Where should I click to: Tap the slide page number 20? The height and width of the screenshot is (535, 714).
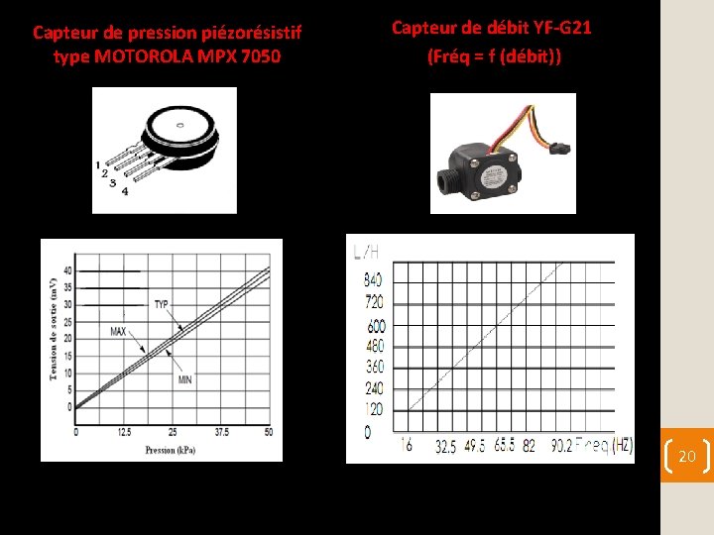686,456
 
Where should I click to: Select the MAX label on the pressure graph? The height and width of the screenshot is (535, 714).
118,331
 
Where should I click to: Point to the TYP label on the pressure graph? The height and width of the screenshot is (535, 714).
161,304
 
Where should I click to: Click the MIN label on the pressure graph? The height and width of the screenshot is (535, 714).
184,379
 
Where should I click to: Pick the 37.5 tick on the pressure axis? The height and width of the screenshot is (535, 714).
221,432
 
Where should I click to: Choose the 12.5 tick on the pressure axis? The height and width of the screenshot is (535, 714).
125,432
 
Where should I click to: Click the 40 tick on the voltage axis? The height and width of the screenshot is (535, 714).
67,270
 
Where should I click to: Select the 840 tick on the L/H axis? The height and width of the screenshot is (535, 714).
374,280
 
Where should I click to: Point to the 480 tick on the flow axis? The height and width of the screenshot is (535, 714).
374,346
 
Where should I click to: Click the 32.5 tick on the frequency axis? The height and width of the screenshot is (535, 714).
446,447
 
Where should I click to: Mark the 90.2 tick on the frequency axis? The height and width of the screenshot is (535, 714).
560,447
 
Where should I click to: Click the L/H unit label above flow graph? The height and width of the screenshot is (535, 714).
366,253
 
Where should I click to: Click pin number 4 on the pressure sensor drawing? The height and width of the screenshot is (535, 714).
124,192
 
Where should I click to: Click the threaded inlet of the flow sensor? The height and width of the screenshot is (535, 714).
446,181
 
